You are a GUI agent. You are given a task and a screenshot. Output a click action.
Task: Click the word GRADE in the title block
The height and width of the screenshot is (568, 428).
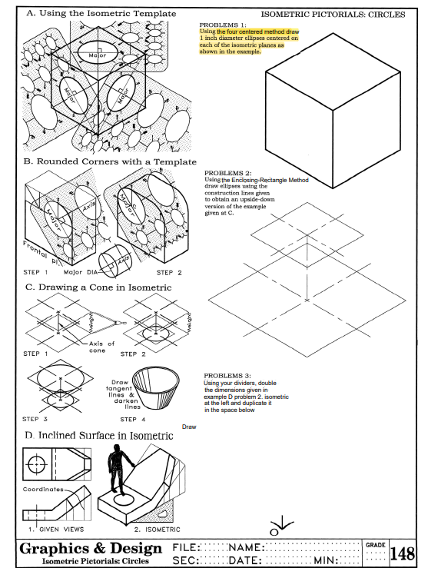(x=374, y=545)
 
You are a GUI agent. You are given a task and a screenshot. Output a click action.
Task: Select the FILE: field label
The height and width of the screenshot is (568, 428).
(x=187, y=546)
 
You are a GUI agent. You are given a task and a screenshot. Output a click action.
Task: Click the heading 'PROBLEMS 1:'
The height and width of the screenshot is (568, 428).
(x=221, y=25)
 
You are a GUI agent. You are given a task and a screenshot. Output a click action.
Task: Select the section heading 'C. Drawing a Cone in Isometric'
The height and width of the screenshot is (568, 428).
(x=98, y=287)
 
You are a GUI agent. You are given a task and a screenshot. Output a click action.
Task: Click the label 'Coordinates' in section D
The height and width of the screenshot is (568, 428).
(x=43, y=489)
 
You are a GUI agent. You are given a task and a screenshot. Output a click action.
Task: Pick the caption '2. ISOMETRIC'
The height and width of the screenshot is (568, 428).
(x=157, y=530)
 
